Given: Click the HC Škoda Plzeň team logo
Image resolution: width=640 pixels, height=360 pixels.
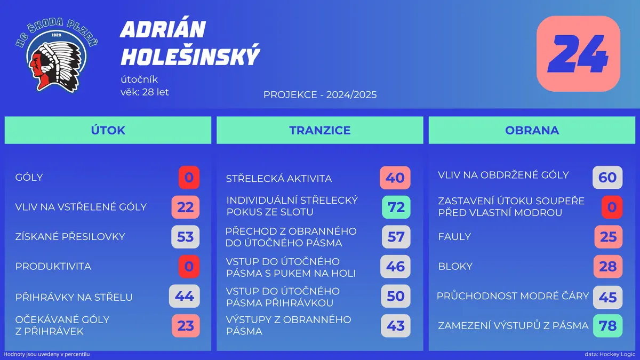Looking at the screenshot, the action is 57,55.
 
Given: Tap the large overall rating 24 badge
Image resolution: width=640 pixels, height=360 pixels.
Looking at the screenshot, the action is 578,54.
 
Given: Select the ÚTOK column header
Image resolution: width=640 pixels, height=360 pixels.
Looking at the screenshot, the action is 108,130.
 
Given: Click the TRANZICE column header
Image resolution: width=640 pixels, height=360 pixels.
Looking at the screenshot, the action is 320,130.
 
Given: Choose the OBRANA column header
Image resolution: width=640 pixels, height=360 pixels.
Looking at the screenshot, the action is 532,130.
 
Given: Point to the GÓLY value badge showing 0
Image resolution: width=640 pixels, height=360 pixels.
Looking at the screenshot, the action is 189,178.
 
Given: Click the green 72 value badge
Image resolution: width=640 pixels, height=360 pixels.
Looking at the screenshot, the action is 396,207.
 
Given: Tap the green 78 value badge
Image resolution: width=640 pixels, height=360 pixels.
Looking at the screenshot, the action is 607,326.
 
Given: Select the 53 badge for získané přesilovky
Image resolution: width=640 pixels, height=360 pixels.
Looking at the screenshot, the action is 186,237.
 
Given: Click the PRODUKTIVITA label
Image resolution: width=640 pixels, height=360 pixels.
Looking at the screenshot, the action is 53,266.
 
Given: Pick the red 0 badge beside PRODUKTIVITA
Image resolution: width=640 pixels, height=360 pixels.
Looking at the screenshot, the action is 189,267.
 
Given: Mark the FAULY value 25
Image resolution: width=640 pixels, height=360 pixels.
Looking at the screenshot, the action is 609,237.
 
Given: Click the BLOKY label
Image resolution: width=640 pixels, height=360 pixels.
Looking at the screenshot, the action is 455,266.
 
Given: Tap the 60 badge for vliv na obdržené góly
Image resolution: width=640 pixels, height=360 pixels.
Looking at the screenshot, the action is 607,178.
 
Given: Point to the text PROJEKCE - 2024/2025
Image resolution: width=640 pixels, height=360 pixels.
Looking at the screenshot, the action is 320,94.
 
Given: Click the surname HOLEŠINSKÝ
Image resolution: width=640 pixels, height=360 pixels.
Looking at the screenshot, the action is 190,55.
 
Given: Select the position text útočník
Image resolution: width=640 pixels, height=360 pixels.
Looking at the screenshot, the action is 139,79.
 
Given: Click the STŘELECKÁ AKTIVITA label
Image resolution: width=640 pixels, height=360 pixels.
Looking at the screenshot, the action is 279,179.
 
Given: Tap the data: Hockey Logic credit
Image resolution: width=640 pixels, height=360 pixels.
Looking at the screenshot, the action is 610,354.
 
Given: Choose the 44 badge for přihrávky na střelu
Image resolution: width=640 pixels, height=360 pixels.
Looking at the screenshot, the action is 185,297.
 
